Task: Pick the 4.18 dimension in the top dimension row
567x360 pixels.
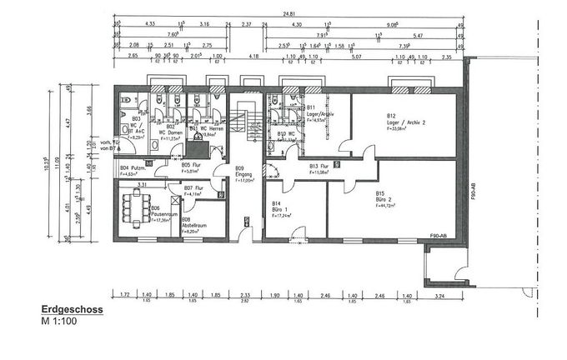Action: [253, 57]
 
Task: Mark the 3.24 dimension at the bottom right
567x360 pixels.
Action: [444, 296]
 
